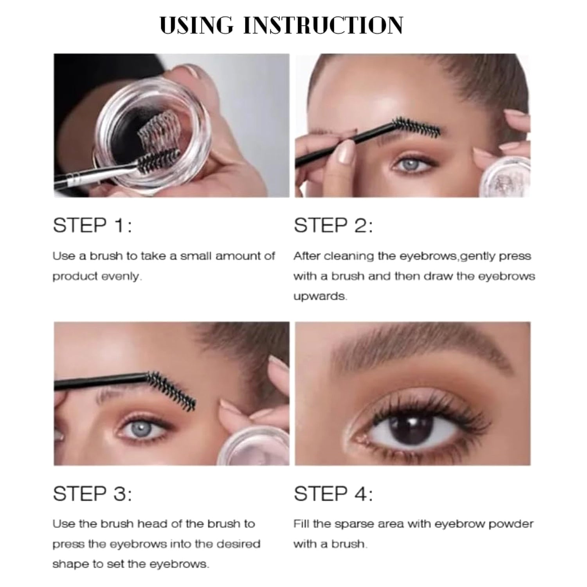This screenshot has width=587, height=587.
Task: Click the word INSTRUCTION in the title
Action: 323,26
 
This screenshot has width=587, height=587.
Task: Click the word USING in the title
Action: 196,26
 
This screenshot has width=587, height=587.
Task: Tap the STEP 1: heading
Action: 92,226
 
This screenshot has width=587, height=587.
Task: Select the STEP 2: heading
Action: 333,226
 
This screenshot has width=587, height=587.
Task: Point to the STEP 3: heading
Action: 92,493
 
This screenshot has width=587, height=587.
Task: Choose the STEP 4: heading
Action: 333,493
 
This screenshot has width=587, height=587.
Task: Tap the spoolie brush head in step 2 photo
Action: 417,126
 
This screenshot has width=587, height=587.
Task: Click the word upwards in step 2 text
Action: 320,297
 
